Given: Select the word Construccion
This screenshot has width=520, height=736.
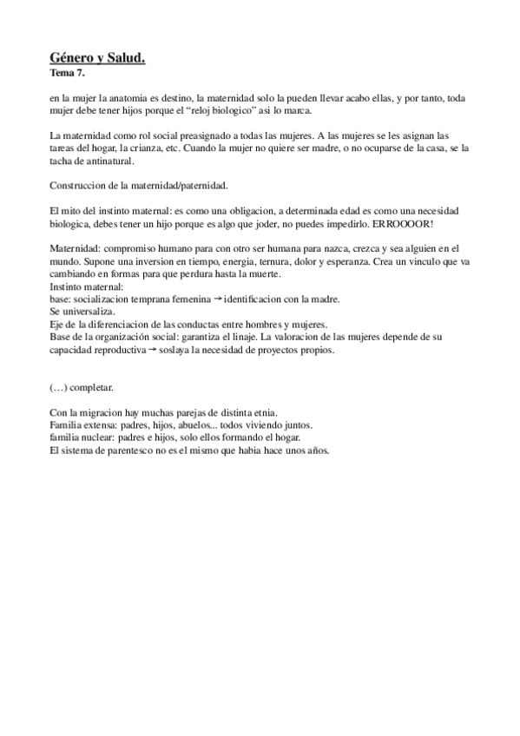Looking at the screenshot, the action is (79, 186).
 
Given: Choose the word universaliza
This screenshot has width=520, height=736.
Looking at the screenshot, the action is (84, 311).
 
